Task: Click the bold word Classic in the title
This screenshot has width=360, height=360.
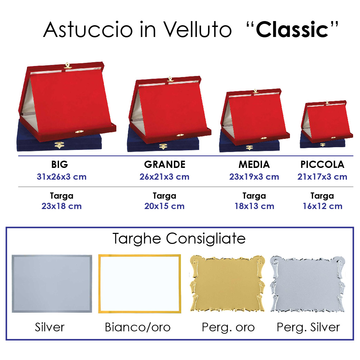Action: coord(292,30)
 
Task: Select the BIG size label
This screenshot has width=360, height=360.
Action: coord(60,164)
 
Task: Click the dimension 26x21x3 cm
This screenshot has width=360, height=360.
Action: coord(164,177)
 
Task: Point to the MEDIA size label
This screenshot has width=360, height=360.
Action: coord(254,164)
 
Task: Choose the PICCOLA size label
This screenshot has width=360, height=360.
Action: coord(322,164)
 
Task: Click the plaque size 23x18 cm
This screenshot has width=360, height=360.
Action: coord(61,206)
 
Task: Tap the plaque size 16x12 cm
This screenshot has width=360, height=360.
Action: coord(322,206)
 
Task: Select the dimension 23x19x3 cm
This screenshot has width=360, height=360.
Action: coord(254,177)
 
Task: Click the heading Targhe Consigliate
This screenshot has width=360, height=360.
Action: coord(179,239)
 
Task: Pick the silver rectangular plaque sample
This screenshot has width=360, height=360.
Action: coord(52,283)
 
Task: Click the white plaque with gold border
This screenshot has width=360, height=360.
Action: coord(139,284)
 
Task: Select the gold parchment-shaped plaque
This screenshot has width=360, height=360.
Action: coord(227,284)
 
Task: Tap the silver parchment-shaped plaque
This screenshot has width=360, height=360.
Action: coord(308,284)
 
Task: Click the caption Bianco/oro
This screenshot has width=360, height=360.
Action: coord(137,327)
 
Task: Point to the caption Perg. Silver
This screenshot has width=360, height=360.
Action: coord(308,328)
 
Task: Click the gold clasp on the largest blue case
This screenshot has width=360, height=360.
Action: coord(59,145)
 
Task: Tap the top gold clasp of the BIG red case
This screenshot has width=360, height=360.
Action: coord(67,66)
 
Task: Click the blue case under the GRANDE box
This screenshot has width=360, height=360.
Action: coord(163,144)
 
